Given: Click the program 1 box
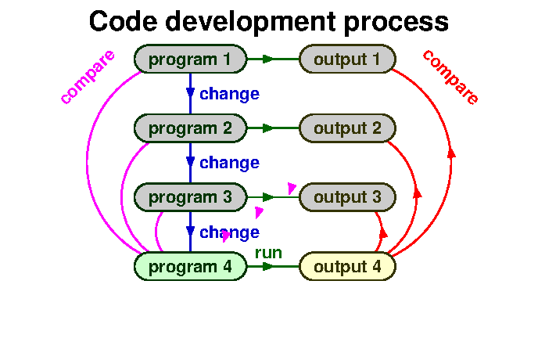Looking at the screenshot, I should click(x=190, y=59).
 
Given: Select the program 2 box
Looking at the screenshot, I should click(x=190, y=128).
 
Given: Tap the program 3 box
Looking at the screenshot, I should click(x=190, y=197).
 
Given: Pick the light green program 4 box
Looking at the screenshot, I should click(x=190, y=267).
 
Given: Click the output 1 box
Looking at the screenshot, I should click(x=347, y=59).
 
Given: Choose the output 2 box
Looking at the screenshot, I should click(x=347, y=128).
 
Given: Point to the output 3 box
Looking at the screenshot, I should click(x=347, y=197).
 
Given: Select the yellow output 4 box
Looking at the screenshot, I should click(x=347, y=267).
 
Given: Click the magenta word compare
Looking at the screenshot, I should click(x=88, y=77).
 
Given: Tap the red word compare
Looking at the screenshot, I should click(x=450, y=77).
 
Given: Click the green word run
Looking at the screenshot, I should click(x=268, y=253).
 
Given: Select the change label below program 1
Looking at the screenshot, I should click(x=229, y=94).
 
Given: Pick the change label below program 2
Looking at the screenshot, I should click(x=229, y=163).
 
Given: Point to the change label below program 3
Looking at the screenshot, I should click(x=229, y=232).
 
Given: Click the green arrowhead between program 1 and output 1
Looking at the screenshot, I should click(x=268, y=59).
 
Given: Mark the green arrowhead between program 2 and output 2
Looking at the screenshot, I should click(x=268, y=128).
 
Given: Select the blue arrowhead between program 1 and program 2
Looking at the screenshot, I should click(x=190, y=93).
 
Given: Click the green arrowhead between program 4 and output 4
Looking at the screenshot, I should click(x=268, y=267).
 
